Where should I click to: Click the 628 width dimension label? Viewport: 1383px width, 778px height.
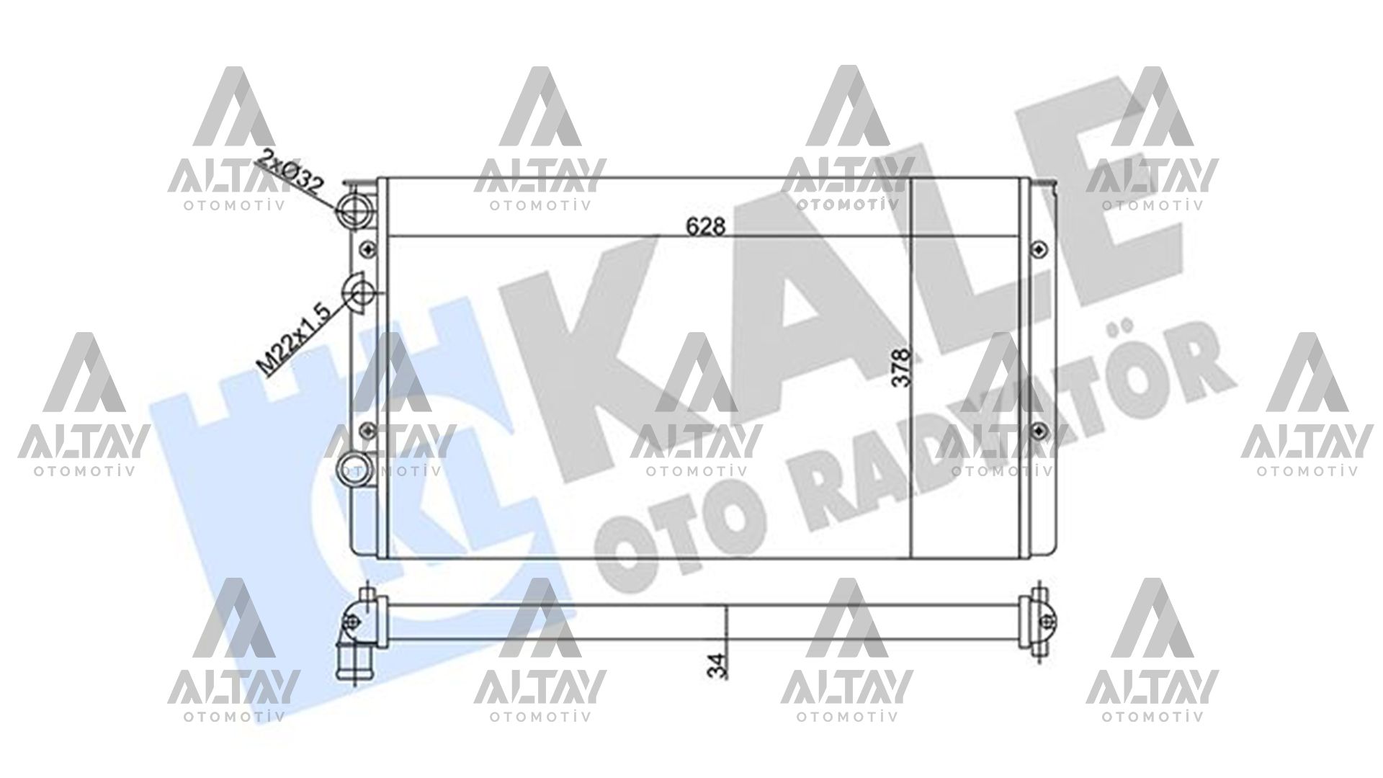[x=704, y=226]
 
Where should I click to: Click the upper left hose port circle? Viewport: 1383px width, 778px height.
[x=355, y=207]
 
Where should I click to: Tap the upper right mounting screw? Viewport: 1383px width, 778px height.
[x=1038, y=249]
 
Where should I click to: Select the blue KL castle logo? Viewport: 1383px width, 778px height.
[x=346, y=504]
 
